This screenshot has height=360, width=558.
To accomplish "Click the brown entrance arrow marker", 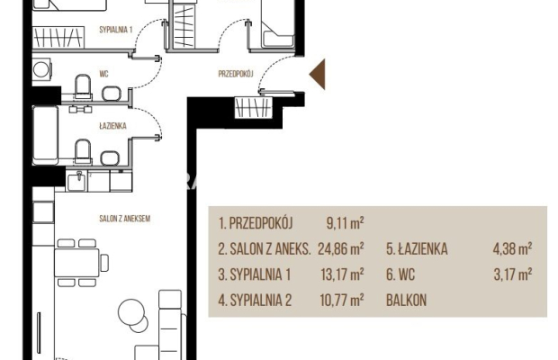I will pos(317,76).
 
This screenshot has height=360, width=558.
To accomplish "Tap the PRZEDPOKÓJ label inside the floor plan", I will pos(238,75).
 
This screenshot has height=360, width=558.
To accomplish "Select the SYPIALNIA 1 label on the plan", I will pos(115,30).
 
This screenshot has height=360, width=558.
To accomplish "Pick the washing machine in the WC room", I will pos(43,70).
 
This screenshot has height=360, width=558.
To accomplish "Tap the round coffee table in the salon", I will pos(132,313).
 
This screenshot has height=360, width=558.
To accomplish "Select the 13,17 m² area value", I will pos(345,274).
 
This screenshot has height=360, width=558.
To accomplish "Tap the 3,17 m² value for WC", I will pos(514,274).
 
